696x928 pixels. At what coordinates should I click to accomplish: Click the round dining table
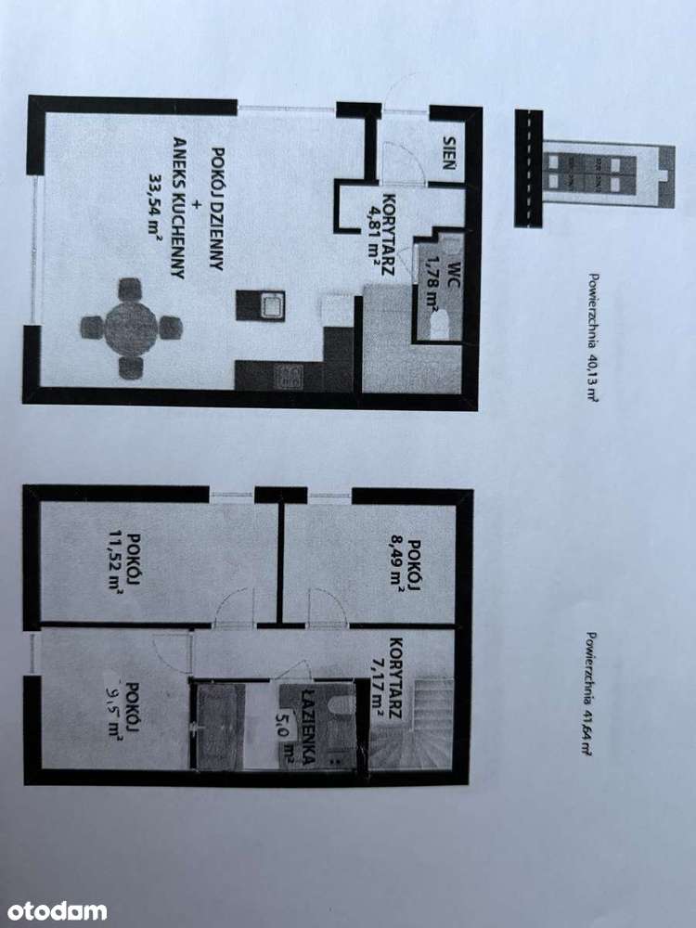[x=131, y=327]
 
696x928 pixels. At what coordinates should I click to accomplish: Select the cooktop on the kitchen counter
[x=290, y=375]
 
